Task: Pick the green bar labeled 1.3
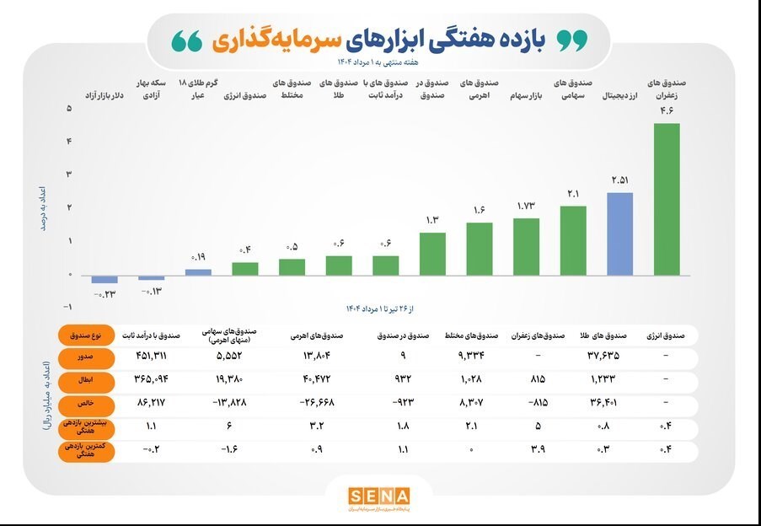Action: tap(432, 254)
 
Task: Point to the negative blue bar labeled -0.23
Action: tap(105, 279)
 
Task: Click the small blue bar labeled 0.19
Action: tap(198, 271)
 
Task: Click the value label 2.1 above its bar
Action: tap(573, 195)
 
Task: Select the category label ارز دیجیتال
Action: tap(619, 98)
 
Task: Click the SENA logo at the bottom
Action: tap(379, 496)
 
